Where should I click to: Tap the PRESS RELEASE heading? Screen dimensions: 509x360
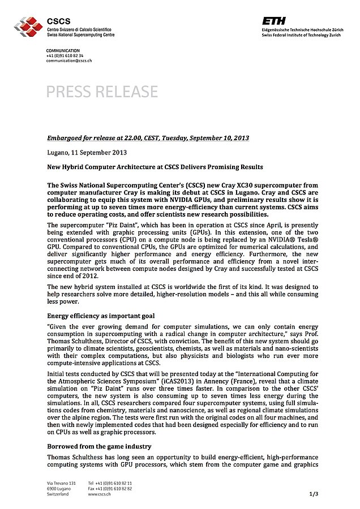(102, 91)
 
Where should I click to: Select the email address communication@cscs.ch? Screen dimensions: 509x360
(68, 61)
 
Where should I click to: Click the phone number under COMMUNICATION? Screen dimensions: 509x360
(65, 56)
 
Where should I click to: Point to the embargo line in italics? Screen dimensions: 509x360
(148, 138)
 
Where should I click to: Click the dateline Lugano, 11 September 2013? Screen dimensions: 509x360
(87, 152)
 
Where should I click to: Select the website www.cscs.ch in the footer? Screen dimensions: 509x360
(99, 494)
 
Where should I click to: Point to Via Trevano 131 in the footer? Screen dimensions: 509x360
(61, 482)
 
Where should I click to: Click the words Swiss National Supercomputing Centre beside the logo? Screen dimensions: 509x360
(81, 34)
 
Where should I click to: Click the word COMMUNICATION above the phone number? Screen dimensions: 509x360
(63, 51)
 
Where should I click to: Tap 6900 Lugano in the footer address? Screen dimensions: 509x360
(59, 488)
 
